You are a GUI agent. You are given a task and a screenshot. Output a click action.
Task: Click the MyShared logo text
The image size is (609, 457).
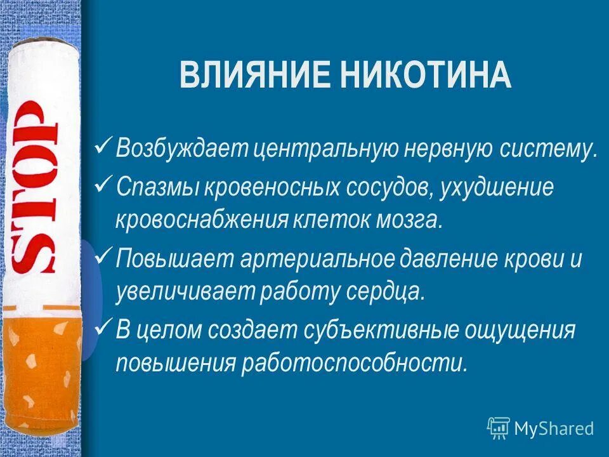553,429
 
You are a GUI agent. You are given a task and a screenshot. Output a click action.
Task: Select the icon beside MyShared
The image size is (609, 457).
498,428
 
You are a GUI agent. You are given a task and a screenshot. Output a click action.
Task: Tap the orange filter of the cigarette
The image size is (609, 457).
41,374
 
